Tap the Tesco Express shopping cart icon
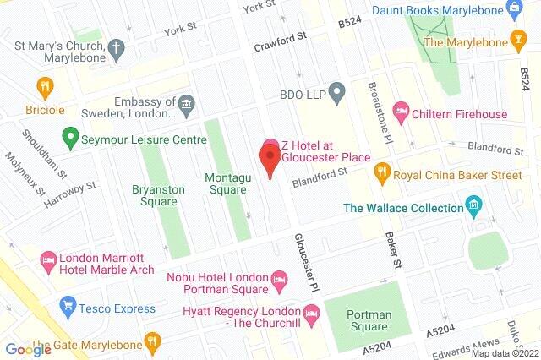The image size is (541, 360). [x=68, y=307]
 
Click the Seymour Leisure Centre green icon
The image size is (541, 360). [x=70, y=134]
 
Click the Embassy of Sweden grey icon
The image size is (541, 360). [x=186, y=106]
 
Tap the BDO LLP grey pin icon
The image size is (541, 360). [x=336, y=90]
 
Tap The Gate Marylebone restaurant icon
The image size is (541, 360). [x=152, y=341]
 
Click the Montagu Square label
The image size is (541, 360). [x=227, y=183]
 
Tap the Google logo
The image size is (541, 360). [x=28, y=349]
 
